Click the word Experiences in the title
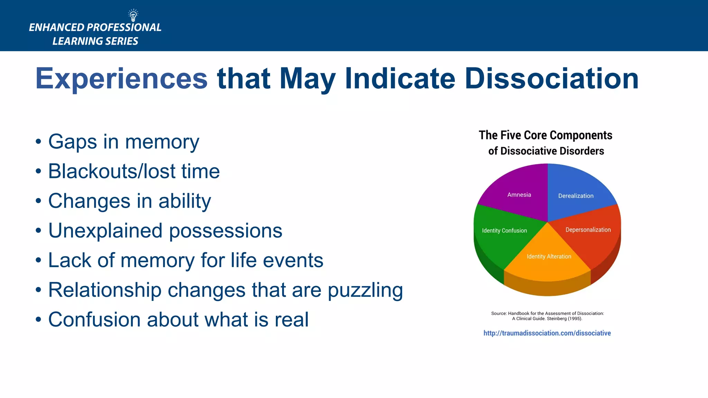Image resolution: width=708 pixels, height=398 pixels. point(121,79)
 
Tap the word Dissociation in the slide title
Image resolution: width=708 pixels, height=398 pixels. point(551,79)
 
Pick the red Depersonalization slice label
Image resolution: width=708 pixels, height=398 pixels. point(588,230)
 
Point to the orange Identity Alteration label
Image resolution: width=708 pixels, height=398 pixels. point(549,256)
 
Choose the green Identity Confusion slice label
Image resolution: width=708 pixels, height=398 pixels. point(504,230)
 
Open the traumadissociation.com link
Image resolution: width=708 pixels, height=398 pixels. point(547,333)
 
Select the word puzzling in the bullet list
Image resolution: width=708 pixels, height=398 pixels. point(365,290)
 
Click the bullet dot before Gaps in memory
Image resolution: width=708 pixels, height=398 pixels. point(38,142)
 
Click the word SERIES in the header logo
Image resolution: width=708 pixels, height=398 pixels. point(121,41)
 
